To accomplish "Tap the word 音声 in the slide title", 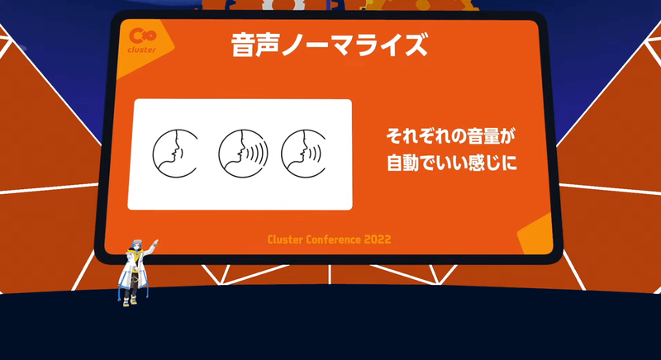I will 253,45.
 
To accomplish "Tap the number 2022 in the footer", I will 375,239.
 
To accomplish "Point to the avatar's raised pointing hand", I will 156,242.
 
